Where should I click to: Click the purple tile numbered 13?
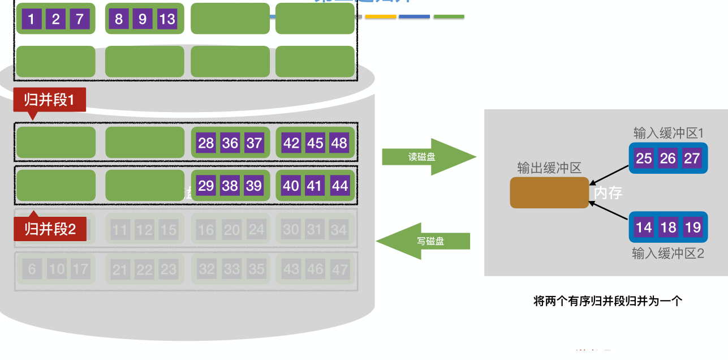point(167,19)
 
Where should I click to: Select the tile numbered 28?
point(206,143)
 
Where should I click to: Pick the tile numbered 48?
point(339,143)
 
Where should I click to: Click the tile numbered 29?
point(206,185)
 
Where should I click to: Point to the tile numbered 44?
point(339,185)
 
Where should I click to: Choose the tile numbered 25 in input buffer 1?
point(644,158)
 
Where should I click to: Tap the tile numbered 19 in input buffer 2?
point(692,228)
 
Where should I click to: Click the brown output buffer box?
point(549,192)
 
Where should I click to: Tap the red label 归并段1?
point(49,101)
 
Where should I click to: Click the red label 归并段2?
point(50,229)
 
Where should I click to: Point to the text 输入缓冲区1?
point(667,133)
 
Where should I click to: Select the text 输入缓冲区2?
point(667,253)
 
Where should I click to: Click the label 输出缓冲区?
point(549,168)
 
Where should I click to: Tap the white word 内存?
point(608,193)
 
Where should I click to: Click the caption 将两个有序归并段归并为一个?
point(608,301)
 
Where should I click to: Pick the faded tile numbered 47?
point(339,269)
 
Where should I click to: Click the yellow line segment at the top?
point(380,17)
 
